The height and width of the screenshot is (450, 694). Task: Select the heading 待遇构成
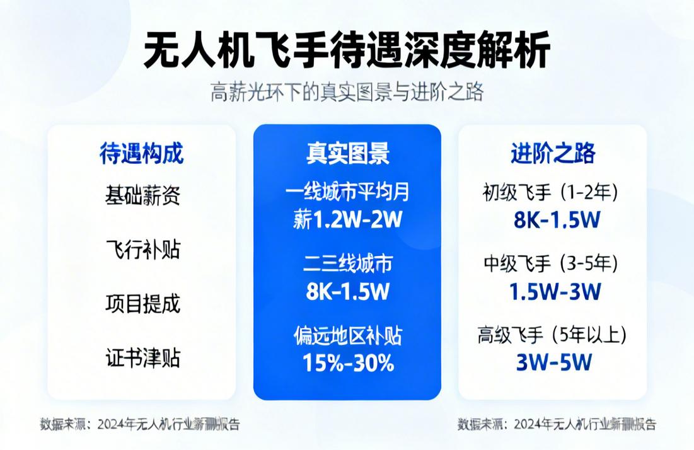142,153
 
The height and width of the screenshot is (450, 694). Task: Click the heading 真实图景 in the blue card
347,153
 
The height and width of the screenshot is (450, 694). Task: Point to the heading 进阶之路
553,153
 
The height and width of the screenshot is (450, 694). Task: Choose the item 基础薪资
142,195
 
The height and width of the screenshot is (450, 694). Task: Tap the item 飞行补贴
142,250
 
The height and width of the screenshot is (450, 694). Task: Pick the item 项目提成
142,304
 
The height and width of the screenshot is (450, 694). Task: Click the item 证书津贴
142,358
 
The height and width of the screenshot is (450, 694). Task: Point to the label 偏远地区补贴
347,335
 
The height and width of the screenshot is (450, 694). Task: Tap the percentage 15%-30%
347,363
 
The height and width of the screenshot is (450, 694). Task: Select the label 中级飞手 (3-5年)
553,262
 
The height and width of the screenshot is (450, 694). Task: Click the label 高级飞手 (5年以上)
553,335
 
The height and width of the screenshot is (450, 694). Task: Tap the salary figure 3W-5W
553,363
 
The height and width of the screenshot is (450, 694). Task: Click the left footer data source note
140,424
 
